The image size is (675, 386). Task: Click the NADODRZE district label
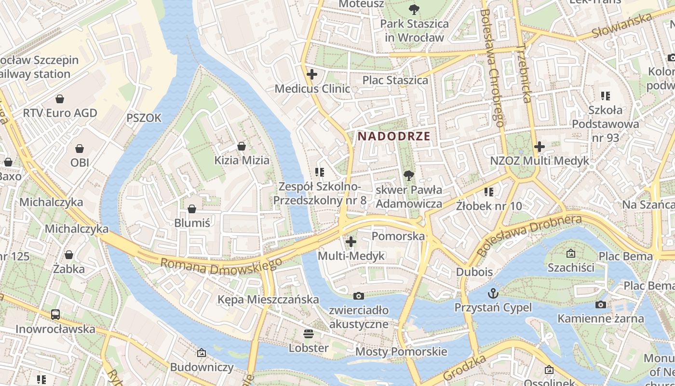pos(394,137)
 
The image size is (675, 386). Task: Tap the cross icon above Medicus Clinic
pos(312,74)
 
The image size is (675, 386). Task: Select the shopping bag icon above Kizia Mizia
pos(242,146)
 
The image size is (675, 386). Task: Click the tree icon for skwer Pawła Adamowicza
pos(408,175)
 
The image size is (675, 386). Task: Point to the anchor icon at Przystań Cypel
pos(493,293)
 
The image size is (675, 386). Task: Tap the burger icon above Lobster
pos(308,334)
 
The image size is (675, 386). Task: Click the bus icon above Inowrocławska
pos(55,315)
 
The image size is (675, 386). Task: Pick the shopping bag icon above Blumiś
pos(192,209)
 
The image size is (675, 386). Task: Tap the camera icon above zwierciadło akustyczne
pos(358,296)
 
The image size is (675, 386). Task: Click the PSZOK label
pos(144,118)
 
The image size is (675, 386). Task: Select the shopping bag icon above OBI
pos(80,149)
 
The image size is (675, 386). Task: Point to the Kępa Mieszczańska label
pos(268,300)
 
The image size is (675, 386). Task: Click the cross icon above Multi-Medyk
pos(351,241)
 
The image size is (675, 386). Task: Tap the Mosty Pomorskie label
pos(401,352)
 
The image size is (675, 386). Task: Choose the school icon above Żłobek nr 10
pos(489,192)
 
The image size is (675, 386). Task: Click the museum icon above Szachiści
pos(571,253)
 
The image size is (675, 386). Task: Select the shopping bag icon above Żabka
pos(69,255)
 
